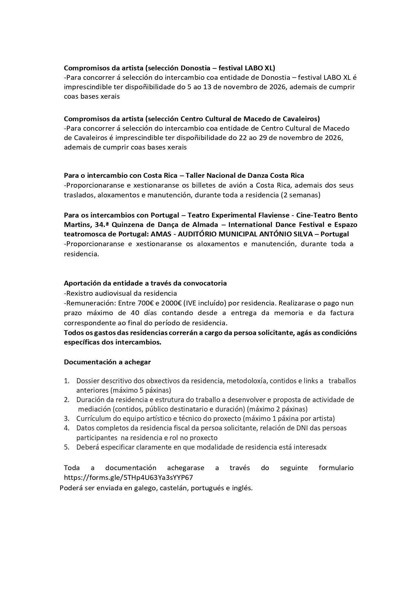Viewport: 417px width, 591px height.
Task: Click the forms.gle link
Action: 128,478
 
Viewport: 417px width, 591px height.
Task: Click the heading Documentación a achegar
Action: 107,362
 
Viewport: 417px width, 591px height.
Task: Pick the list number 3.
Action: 67,419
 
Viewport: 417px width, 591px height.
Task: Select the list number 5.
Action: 67,447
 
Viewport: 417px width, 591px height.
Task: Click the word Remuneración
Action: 86,303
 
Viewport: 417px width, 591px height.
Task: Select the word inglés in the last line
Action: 242,488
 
